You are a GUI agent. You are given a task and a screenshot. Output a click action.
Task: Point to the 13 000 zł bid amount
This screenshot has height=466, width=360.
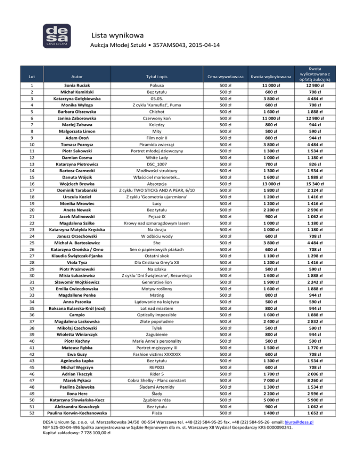tap(270, 184)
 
